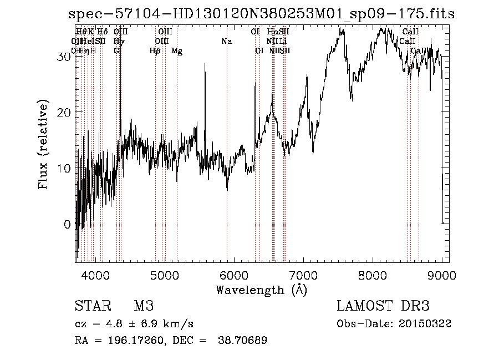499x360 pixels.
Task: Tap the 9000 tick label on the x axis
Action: (x=442, y=275)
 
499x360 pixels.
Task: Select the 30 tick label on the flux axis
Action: (x=65, y=57)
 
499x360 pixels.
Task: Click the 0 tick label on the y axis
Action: (x=68, y=224)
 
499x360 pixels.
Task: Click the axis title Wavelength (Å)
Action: (x=261, y=290)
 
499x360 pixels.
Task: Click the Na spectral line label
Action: (x=226, y=42)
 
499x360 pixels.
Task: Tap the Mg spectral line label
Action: (x=177, y=51)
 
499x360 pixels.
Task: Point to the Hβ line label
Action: (x=155, y=51)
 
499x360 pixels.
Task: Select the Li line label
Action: (x=283, y=42)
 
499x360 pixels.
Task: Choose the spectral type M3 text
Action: (x=143, y=307)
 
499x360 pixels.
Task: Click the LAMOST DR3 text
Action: (x=383, y=307)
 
